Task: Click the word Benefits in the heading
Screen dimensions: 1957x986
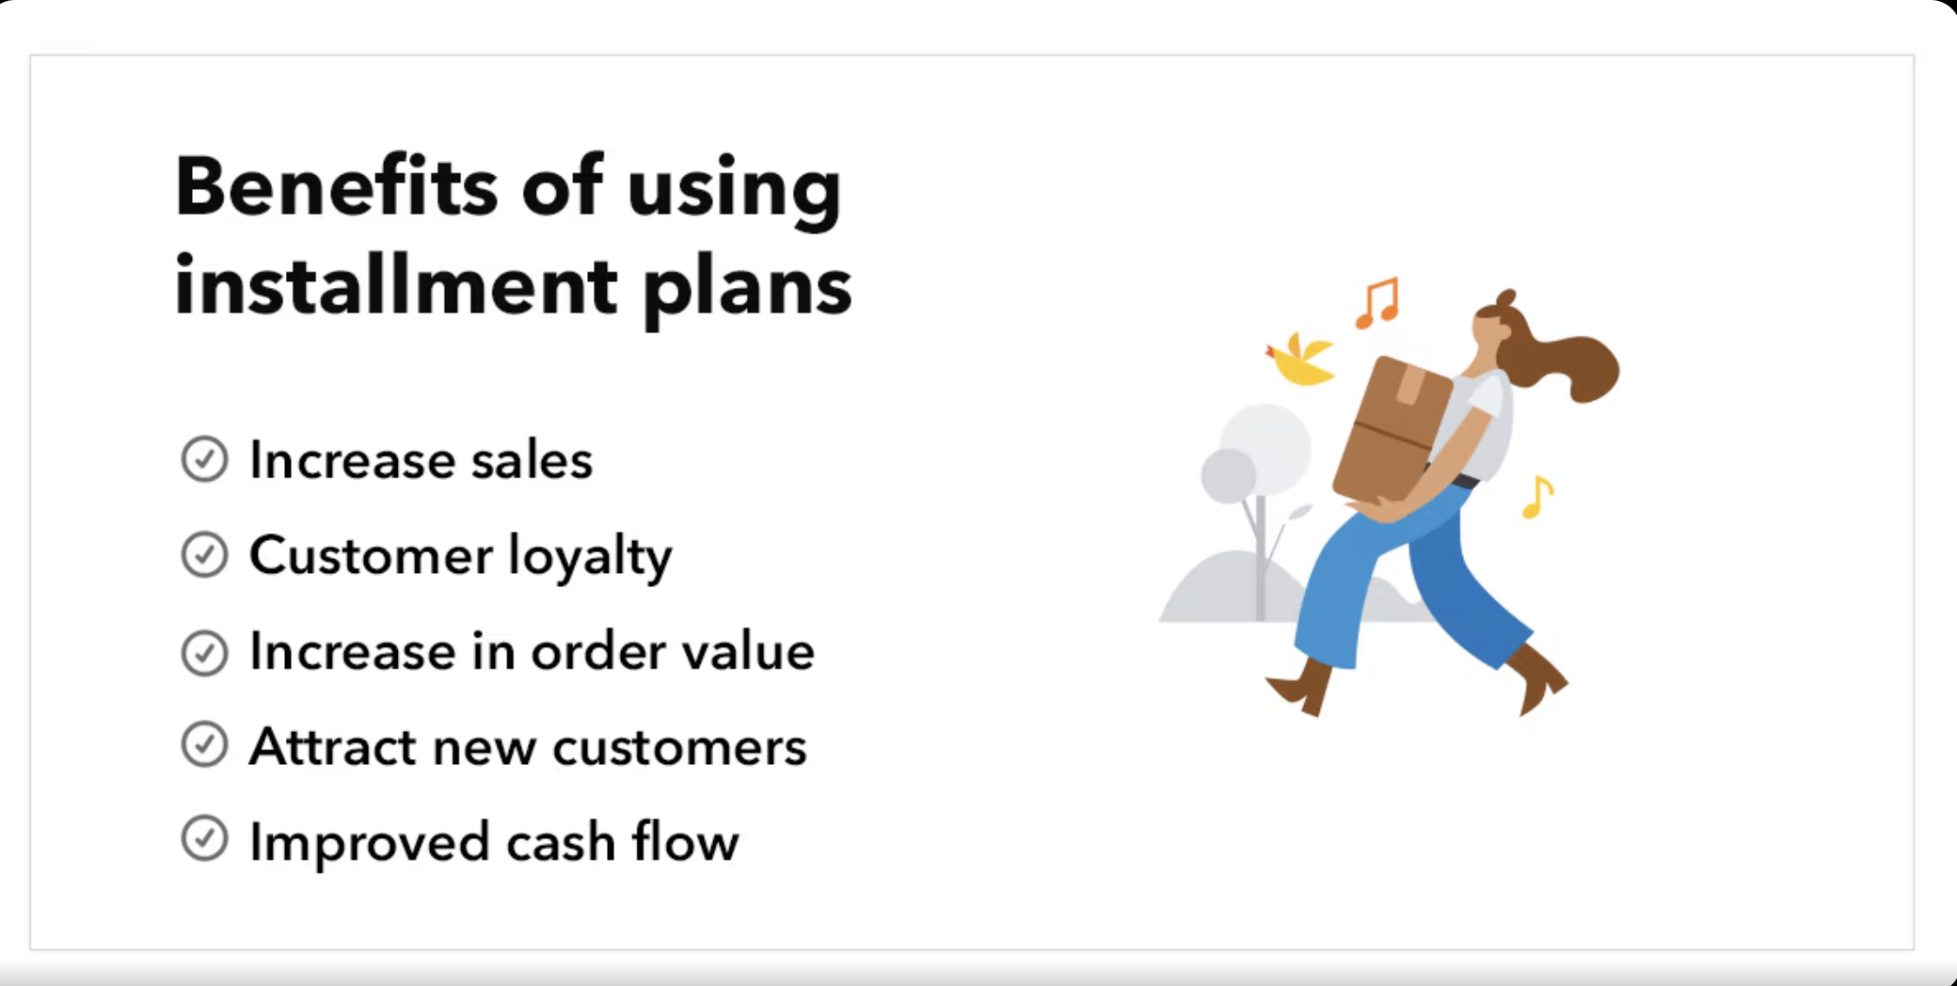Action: click(x=337, y=185)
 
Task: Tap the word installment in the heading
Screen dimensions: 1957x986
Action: click(x=396, y=284)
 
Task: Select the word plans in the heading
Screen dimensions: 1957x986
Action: click(x=748, y=291)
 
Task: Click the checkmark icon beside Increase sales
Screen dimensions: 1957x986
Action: click(x=204, y=459)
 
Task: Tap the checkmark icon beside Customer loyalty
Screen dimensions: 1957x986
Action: click(x=204, y=554)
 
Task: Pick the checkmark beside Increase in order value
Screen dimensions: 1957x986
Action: click(x=204, y=652)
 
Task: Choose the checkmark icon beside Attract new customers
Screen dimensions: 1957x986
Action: click(x=204, y=744)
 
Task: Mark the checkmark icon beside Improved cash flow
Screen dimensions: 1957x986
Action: click(x=204, y=838)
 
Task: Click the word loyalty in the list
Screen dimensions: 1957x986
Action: click(x=590, y=557)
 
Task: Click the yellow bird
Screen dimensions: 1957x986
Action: click(x=1301, y=361)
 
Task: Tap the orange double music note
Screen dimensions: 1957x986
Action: click(x=1378, y=303)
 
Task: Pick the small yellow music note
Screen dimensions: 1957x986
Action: click(x=1537, y=498)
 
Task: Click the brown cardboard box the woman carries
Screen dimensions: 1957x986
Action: click(x=1392, y=429)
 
